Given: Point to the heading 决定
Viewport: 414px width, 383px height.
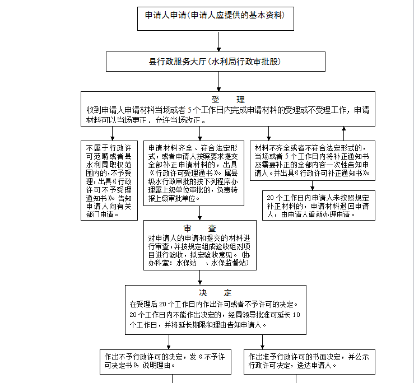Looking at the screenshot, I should coord(215,293).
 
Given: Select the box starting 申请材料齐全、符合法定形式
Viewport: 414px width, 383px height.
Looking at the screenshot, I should coord(194,173).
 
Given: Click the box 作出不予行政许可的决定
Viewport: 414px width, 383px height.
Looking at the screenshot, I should coord(166,361).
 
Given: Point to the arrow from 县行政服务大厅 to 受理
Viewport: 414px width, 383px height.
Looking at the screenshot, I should coord(218,82).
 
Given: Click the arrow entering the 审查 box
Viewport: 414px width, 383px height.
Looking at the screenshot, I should coord(199,213).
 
